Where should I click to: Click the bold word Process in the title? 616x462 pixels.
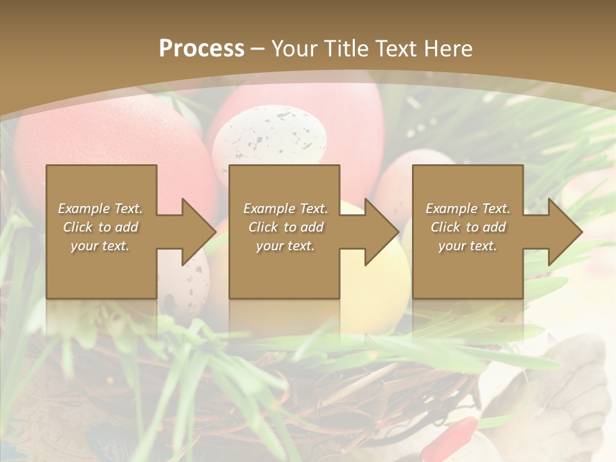pyautogui.click(x=201, y=48)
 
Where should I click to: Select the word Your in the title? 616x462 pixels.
pyautogui.click(x=295, y=48)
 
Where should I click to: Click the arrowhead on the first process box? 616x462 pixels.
pyautogui.click(x=196, y=232)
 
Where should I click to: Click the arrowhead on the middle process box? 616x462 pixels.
pyautogui.click(x=379, y=232)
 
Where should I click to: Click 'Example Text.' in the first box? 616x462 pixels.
pyautogui.click(x=101, y=209)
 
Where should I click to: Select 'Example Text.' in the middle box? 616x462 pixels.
pyautogui.click(x=285, y=209)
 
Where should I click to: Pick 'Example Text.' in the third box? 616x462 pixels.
pyautogui.click(x=468, y=209)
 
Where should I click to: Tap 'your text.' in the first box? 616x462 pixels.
pyautogui.click(x=101, y=246)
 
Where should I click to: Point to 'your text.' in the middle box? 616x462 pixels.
pyautogui.click(x=285, y=246)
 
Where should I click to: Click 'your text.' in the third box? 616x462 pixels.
pyautogui.click(x=468, y=246)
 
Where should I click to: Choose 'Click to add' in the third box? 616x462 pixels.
pyautogui.click(x=468, y=227)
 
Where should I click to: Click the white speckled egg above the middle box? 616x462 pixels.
pyautogui.click(x=269, y=138)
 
